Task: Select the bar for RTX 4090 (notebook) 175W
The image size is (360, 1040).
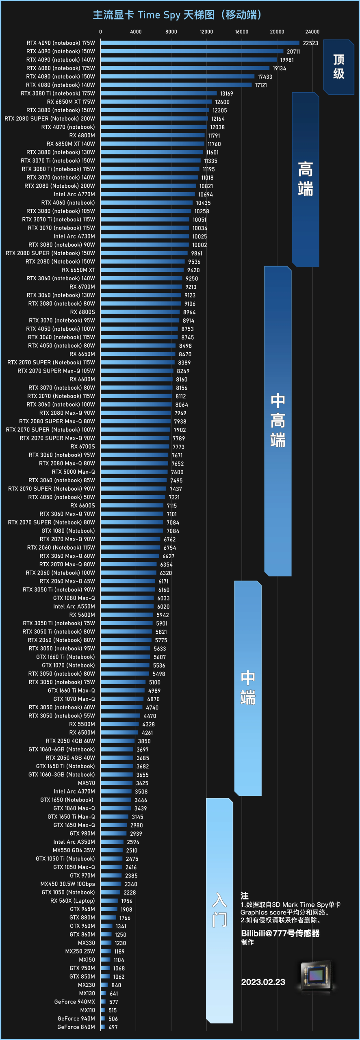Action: coord(200,43)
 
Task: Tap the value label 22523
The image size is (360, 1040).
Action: coord(310,43)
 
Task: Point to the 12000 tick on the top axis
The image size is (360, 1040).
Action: coord(206,32)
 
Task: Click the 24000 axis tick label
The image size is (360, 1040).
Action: coord(312,32)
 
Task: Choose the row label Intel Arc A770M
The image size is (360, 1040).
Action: coord(74,194)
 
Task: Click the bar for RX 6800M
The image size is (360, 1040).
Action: coord(153,135)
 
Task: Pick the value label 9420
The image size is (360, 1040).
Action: coord(193,270)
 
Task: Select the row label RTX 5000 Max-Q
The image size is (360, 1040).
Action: coord(74,472)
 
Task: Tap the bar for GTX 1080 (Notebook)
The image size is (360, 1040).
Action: coord(132,531)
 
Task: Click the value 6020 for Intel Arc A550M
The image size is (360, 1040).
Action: coord(163,607)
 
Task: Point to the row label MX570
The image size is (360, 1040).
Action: coord(87,783)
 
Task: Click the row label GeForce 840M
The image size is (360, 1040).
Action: coord(76,1027)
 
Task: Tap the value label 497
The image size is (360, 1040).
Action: coord(113,1027)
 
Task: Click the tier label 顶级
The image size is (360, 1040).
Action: coord(339,67)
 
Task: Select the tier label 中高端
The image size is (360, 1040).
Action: coord(278,420)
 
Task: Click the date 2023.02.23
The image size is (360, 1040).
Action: coord(263,982)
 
